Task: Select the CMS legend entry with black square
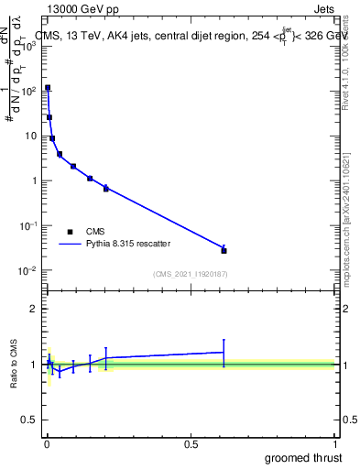tap(70, 231)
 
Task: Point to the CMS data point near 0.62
tap(224, 250)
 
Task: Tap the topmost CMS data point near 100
tap(48, 88)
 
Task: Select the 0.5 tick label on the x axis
tap(190, 444)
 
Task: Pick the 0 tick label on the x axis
tap(46, 444)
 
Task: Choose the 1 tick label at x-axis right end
tap(334, 444)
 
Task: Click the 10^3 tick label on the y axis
tap(27, 46)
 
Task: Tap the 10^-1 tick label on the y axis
tap(27, 225)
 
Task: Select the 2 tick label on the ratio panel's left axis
tap(34, 309)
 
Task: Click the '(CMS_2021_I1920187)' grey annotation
tap(190, 273)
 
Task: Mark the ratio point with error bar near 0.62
tap(224, 352)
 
